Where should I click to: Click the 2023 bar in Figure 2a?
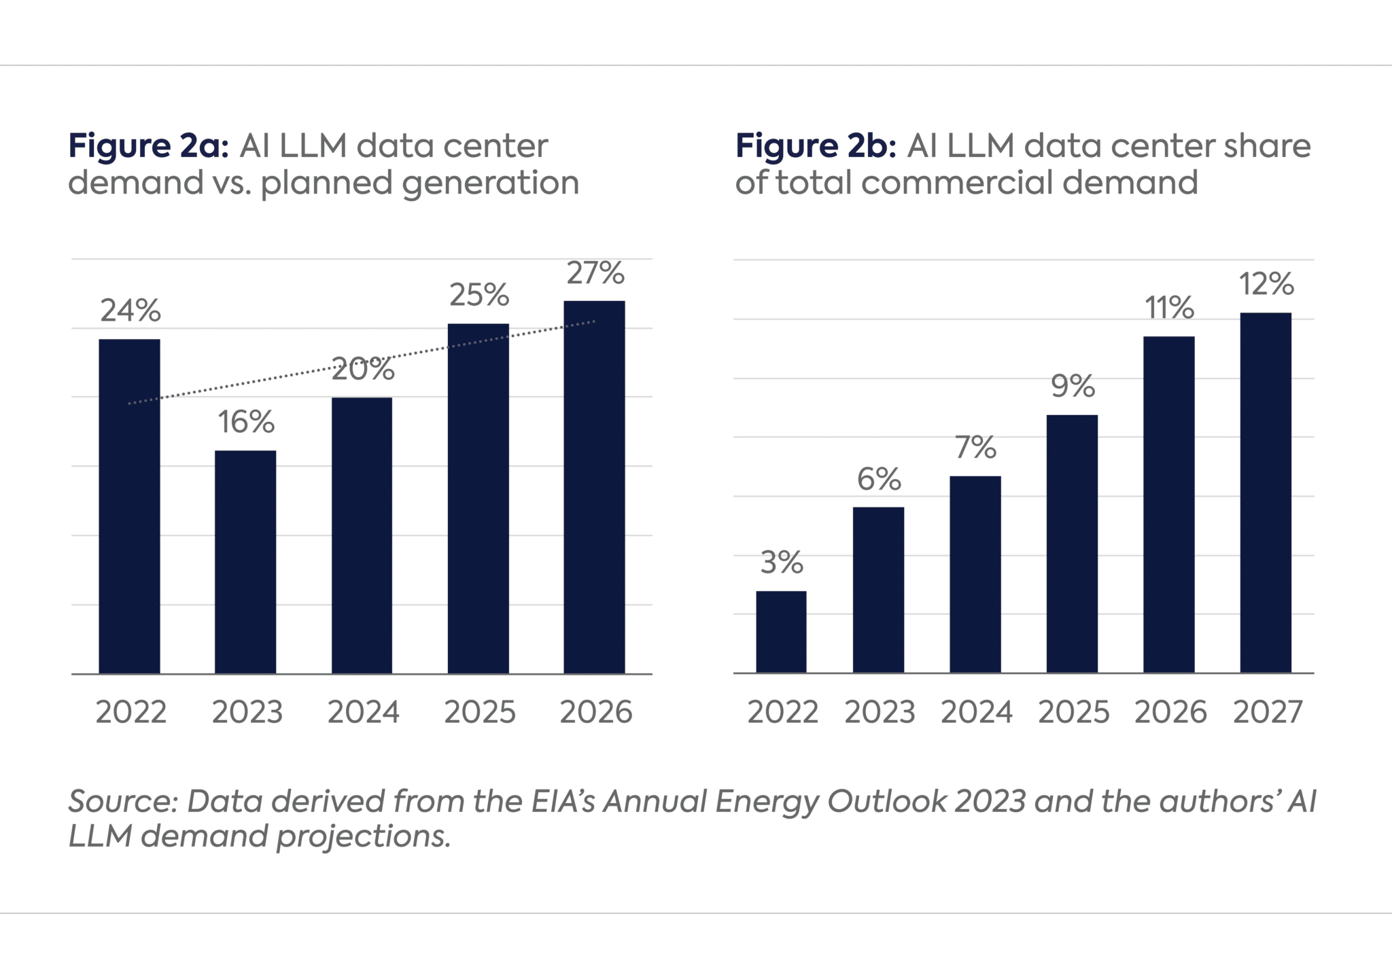pyautogui.click(x=245, y=562)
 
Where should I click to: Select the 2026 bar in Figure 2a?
pyautogui.click(x=594, y=487)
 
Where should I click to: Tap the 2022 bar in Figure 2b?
pyautogui.click(x=781, y=632)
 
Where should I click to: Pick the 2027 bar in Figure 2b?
pyautogui.click(x=1265, y=493)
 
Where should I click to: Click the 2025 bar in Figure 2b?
pyautogui.click(x=1072, y=544)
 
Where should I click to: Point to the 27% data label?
pyautogui.click(x=595, y=273)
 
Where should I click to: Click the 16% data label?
pyautogui.click(x=246, y=422)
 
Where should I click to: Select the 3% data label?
pyautogui.click(x=782, y=563)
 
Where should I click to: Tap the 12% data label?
pyautogui.click(x=1266, y=284)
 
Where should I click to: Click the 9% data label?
pyautogui.click(x=1073, y=386)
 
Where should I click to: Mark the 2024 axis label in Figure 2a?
pyautogui.click(x=363, y=712)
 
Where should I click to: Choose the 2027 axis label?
pyautogui.click(x=1268, y=712)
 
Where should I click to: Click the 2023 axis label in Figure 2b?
pyautogui.click(x=880, y=712)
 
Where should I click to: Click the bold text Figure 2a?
pyautogui.click(x=148, y=146)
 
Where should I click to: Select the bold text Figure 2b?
pyautogui.click(x=816, y=146)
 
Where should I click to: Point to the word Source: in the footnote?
pyautogui.click(x=123, y=802)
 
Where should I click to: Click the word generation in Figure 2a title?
pyautogui.click(x=490, y=183)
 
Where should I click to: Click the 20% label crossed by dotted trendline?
pyautogui.click(x=363, y=369)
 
